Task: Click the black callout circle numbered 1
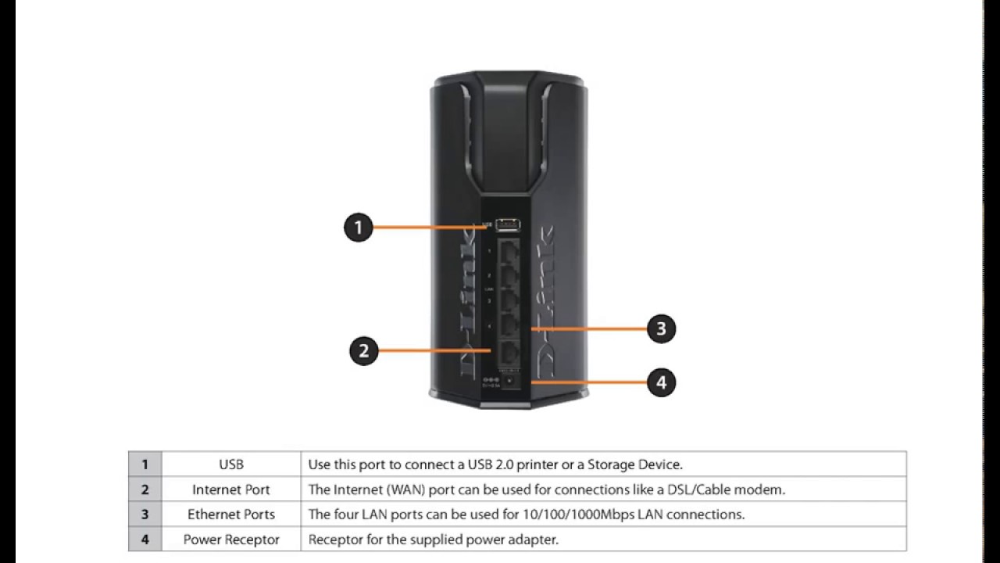(359, 228)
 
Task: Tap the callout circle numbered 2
(363, 351)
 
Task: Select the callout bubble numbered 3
(661, 328)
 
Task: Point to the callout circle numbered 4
(662, 382)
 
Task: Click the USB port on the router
(508, 224)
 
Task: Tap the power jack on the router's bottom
(509, 381)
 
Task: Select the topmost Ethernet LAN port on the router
(509, 253)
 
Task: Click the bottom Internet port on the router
(509, 351)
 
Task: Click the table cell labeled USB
(231, 464)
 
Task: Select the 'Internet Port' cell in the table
(231, 489)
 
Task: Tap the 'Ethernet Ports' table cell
(231, 515)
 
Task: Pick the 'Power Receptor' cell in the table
(231, 540)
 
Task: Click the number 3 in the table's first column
(145, 515)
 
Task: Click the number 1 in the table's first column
(145, 464)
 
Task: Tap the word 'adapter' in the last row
(537, 540)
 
